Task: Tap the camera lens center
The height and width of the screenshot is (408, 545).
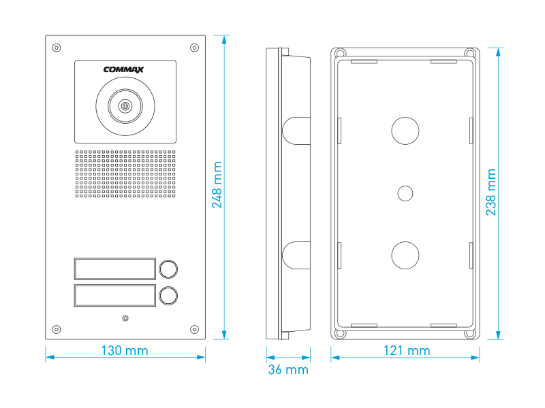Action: (x=125, y=106)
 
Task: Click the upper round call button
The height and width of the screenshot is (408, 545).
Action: (x=168, y=269)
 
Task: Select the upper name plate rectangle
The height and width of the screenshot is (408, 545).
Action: (x=115, y=269)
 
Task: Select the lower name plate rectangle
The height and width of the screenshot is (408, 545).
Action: (x=115, y=296)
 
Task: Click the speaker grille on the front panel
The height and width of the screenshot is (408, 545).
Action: (x=125, y=174)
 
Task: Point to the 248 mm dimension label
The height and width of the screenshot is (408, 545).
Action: (x=217, y=185)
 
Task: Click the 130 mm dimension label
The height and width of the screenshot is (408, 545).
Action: (x=125, y=351)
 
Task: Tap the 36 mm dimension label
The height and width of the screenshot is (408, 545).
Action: (x=287, y=370)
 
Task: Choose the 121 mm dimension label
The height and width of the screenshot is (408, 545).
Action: (x=406, y=351)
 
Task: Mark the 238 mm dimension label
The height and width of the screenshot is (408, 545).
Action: (x=491, y=192)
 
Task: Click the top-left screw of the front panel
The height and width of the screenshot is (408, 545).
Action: (x=56, y=48)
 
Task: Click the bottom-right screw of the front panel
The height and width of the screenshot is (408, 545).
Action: (x=194, y=330)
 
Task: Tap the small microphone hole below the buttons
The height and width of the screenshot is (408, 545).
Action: (x=125, y=318)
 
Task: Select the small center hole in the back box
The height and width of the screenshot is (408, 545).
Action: (x=405, y=193)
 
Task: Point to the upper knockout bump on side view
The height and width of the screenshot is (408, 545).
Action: (x=294, y=130)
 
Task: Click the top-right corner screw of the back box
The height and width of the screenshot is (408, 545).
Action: (x=469, y=53)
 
